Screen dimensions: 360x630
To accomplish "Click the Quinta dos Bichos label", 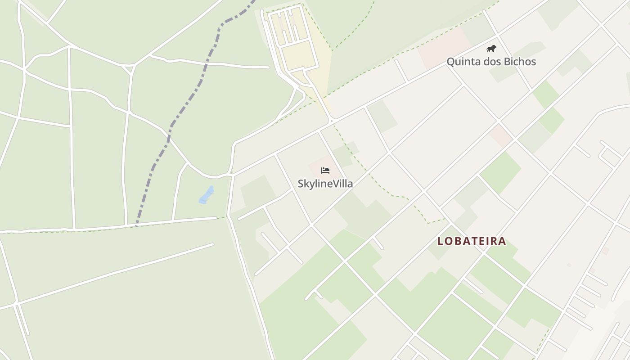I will click(x=491, y=62).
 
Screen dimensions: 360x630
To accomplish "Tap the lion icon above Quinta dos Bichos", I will click(x=491, y=48).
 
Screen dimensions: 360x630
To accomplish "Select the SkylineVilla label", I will click(x=325, y=184).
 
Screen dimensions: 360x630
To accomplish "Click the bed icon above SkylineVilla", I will click(x=325, y=170).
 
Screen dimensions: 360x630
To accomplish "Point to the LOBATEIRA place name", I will click(x=472, y=241).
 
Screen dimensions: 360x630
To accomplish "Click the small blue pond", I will click(x=207, y=195).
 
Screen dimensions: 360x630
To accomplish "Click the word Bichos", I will click(x=520, y=62).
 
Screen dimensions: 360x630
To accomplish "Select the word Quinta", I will click(x=461, y=62).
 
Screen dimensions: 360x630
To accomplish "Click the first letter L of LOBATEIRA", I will click(x=441, y=241).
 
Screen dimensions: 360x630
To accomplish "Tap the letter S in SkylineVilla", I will click(x=301, y=184).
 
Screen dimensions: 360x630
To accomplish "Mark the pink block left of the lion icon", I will click(x=443, y=47).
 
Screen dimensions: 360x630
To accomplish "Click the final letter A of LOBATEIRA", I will click(x=502, y=241).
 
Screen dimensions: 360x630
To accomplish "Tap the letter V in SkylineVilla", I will click(x=333, y=184).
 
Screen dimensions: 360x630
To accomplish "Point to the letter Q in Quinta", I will click(x=450, y=62).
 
